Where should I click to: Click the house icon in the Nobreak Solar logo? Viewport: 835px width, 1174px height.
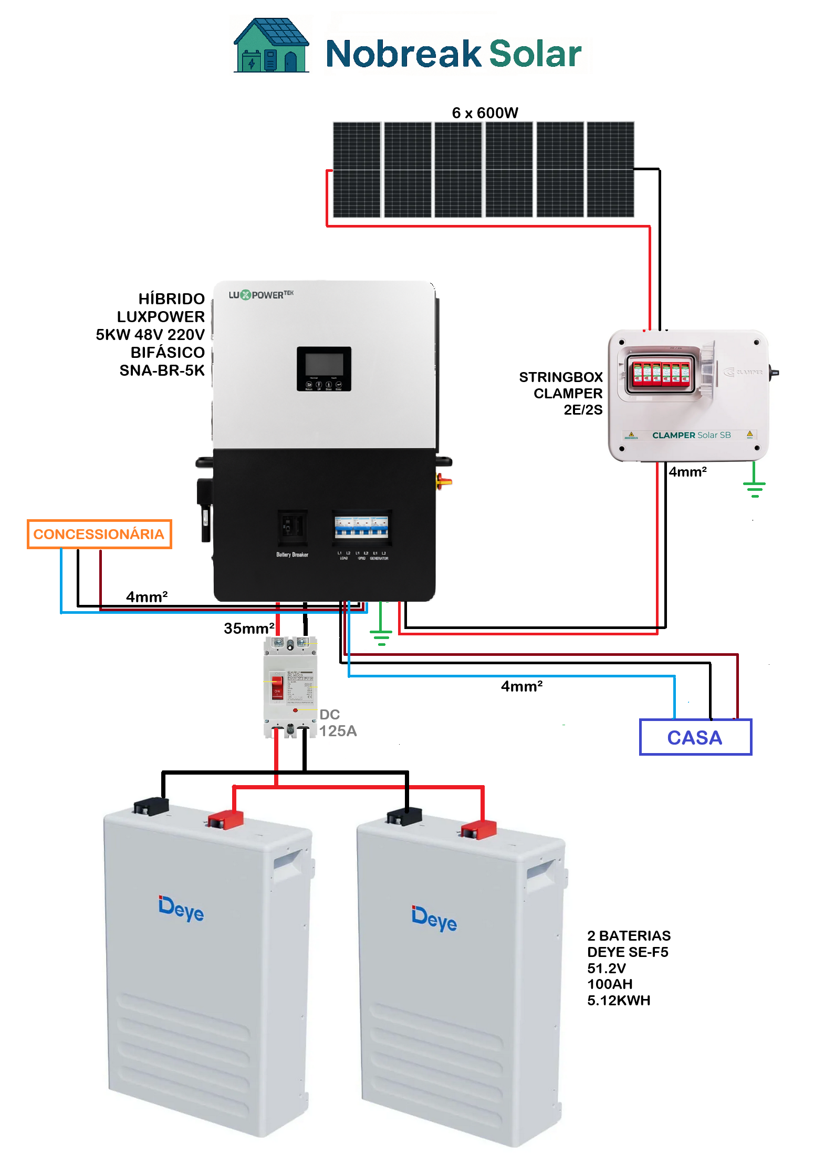pos(271,46)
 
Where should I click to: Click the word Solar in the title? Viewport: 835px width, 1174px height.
pos(535,54)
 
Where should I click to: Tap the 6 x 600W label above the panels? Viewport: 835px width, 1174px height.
pos(485,113)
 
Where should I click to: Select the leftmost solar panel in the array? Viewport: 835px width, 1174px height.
pos(357,170)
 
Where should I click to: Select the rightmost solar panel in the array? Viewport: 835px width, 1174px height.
pos(610,170)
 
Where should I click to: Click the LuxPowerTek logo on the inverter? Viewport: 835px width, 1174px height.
pos(261,295)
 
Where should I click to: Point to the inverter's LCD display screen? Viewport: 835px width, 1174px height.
pos(324,364)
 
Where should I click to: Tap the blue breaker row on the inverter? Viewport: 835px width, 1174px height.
pos(361,527)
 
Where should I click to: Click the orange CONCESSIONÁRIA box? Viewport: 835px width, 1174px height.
pos(99,534)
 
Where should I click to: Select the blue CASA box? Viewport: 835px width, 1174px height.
pos(695,737)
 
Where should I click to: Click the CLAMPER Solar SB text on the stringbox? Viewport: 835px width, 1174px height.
pos(691,435)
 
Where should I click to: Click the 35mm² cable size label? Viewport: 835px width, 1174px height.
pos(249,628)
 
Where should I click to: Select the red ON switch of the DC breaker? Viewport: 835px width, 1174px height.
pos(277,688)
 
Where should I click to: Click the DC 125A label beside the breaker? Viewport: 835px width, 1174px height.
pos(337,723)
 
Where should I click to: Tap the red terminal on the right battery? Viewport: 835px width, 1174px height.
pos(478,829)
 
